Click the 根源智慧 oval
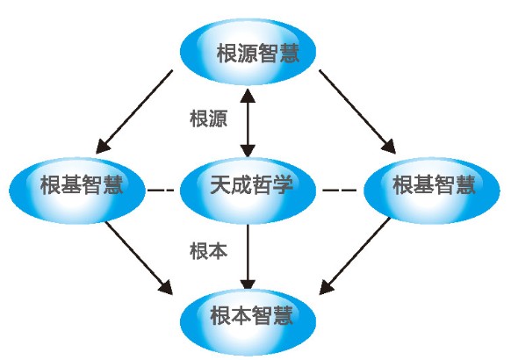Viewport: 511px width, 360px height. tap(248, 52)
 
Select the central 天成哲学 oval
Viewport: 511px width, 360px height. tap(248, 191)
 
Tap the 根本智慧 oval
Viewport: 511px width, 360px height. tap(248, 322)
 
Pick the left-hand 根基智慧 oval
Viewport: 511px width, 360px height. tap(77, 191)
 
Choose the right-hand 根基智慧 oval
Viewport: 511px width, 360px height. tap(432, 191)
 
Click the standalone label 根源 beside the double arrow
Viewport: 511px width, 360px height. tap(209, 119)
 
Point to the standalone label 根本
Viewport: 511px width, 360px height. tap(209, 251)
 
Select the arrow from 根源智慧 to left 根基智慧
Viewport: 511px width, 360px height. tap(134, 112)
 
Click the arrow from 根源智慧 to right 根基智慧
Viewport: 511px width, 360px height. tap(357, 112)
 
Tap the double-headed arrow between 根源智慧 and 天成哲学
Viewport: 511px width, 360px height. tap(248, 123)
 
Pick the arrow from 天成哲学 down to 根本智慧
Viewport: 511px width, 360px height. tap(248, 257)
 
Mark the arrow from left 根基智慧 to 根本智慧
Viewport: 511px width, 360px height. tap(139, 258)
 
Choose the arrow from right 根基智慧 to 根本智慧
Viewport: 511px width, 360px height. tap(355, 256)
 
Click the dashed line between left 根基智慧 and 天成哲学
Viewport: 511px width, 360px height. tap(161, 190)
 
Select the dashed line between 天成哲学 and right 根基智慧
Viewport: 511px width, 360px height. tap(339, 190)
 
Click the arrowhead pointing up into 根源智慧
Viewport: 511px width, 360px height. tap(248, 96)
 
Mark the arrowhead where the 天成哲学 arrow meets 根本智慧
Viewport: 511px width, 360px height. tap(248, 284)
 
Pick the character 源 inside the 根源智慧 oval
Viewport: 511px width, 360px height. tap(248, 53)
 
